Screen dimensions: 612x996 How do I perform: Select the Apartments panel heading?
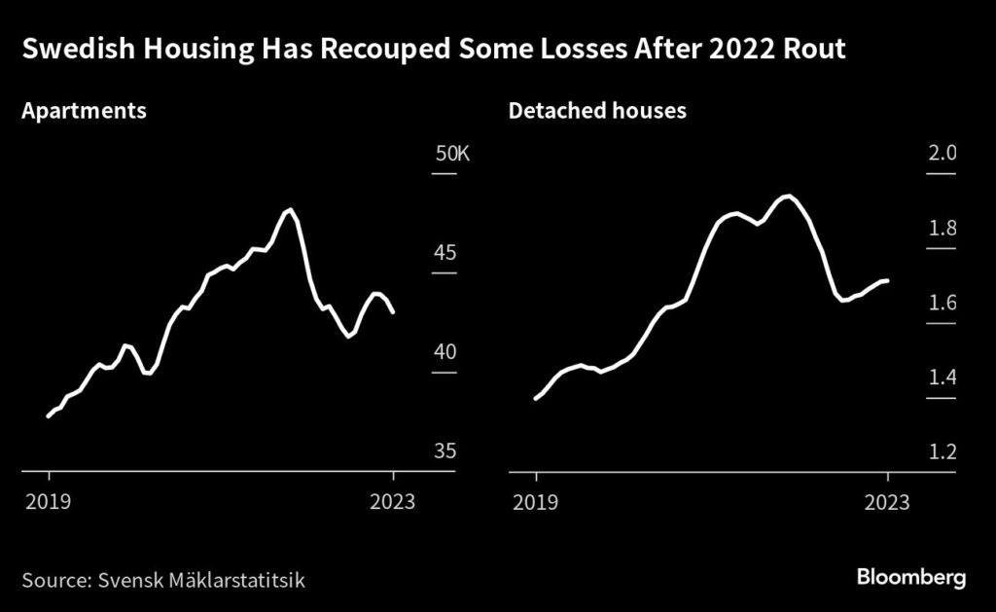point(84,111)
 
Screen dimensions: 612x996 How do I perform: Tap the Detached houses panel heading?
point(597,111)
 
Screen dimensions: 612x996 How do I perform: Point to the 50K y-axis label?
point(451,154)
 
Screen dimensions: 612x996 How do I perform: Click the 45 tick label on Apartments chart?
point(445,253)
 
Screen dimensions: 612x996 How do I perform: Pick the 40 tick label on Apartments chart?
point(445,352)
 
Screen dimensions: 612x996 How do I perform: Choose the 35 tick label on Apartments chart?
point(445,451)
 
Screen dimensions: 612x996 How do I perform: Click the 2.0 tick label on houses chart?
point(943,154)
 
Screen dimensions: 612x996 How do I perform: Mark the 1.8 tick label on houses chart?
point(943,229)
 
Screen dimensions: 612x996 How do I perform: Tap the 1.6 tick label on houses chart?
point(943,304)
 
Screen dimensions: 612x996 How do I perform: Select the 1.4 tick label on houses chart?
point(943,378)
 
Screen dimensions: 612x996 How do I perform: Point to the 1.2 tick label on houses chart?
point(943,452)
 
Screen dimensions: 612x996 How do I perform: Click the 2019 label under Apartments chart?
point(49,502)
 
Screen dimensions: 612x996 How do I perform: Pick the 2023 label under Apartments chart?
point(393,502)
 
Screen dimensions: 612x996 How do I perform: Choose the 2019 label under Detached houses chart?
point(535,502)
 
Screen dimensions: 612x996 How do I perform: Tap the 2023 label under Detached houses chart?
point(887,502)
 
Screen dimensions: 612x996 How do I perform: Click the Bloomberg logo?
point(911,578)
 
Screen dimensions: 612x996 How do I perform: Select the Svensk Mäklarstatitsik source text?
point(201,581)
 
